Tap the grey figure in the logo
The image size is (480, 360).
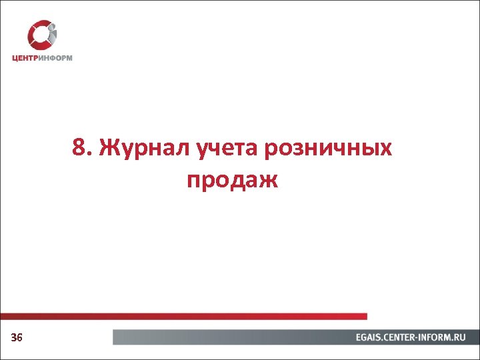pos(51,37)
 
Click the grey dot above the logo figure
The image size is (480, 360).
pos(52,26)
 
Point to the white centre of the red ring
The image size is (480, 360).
pos(41,35)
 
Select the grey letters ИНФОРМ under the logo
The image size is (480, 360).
pos(56,57)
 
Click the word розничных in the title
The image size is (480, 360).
pos(329,149)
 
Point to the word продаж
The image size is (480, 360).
pos(232,179)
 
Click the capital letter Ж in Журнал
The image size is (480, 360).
pos(108,148)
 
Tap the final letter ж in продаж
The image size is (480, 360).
pos(268,179)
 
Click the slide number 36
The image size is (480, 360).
pos(17,338)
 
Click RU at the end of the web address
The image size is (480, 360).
pos(461,338)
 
